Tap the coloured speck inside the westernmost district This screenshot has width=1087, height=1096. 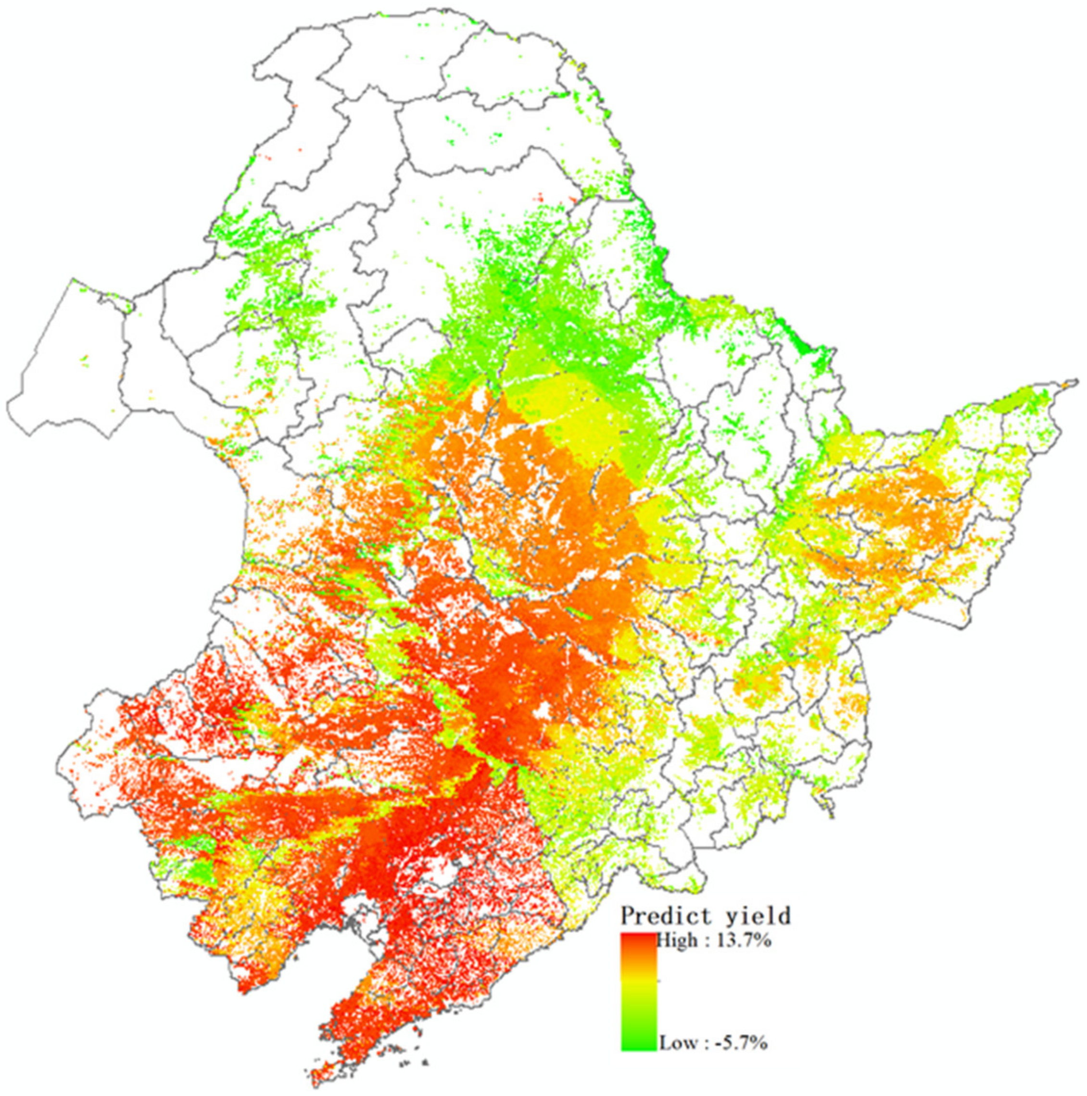click(86, 357)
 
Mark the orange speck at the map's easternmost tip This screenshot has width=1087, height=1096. click(1071, 385)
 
